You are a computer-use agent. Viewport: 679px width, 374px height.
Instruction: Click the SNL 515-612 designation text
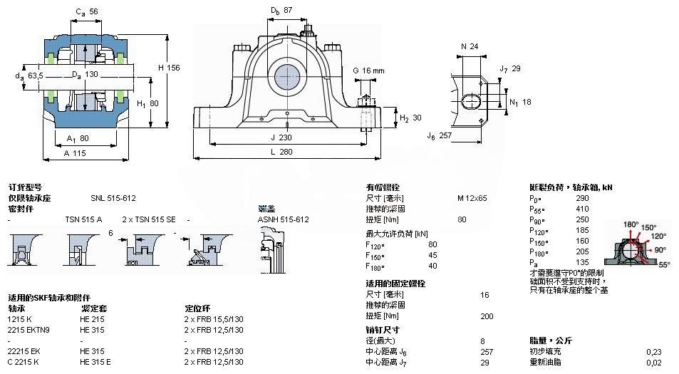click(113, 198)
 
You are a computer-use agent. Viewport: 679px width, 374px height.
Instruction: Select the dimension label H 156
click(168, 67)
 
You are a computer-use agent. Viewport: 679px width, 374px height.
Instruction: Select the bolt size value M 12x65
click(472, 198)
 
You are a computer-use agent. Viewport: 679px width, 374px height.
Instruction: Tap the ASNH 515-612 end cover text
click(283, 219)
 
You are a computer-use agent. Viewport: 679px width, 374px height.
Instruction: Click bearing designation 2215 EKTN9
click(28, 330)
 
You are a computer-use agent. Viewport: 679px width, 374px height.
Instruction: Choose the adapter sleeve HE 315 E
click(96, 362)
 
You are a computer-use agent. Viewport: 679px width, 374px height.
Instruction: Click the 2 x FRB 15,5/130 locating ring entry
click(214, 319)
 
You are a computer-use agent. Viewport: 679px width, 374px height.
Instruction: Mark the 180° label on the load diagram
click(631, 224)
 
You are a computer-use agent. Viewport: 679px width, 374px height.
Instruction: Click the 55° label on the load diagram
click(663, 264)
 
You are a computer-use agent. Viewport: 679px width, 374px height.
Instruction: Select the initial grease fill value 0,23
click(653, 351)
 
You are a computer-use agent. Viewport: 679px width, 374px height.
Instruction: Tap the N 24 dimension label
click(469, 46)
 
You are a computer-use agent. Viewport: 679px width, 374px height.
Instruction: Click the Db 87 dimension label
click(281, 11)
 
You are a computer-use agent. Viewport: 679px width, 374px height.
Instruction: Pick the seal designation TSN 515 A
click(83, 219)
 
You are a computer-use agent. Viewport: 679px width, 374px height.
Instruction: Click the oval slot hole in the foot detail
click(472, 100)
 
